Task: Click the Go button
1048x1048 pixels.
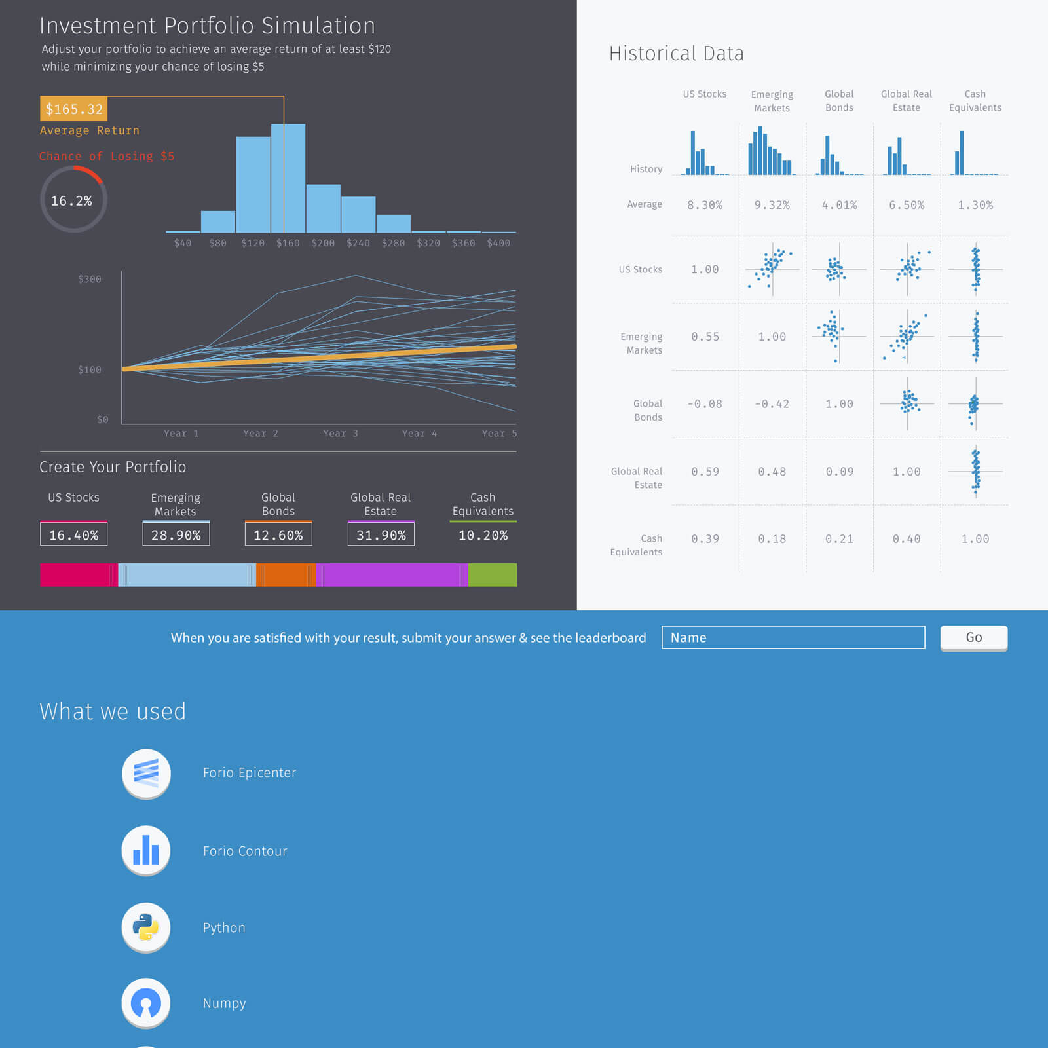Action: coord(973,637)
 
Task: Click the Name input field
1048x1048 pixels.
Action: coord(793,637)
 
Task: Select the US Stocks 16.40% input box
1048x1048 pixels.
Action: coord(73,534)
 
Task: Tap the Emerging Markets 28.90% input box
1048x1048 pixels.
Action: coord(176,534)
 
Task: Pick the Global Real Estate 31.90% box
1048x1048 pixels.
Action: coord(381,534)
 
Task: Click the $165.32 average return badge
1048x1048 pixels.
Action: coord(74,109)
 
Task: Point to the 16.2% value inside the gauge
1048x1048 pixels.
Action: coord(72,200)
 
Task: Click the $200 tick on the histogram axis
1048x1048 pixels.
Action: coord(323,243)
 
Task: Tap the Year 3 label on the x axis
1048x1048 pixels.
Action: coord(340,433)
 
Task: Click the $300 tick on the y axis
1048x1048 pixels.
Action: coord(90,279)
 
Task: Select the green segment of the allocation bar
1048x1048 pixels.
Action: coord(493,574)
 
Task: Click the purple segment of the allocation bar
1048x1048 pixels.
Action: coord(392,574)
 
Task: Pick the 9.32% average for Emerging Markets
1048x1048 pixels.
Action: coord(772,205)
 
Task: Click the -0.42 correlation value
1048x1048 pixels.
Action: coord(772,404)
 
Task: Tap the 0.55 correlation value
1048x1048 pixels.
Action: coord(705,337)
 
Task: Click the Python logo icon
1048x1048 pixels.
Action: coord(146,927)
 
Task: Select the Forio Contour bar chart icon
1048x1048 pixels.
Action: coord(146,850)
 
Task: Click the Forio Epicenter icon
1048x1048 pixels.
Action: coord(146,773)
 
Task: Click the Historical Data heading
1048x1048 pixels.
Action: coord(676,53)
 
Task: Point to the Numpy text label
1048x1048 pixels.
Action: coord(224,1003)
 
